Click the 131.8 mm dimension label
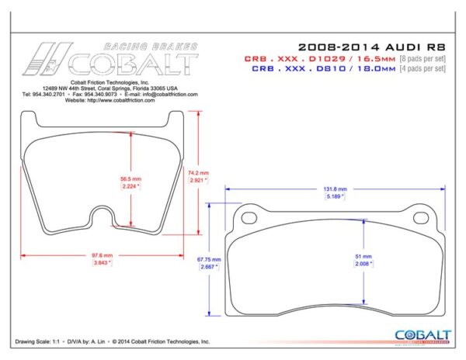coord(336,189)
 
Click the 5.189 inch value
coord(336,197)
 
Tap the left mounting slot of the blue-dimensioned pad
coord(250,217)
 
